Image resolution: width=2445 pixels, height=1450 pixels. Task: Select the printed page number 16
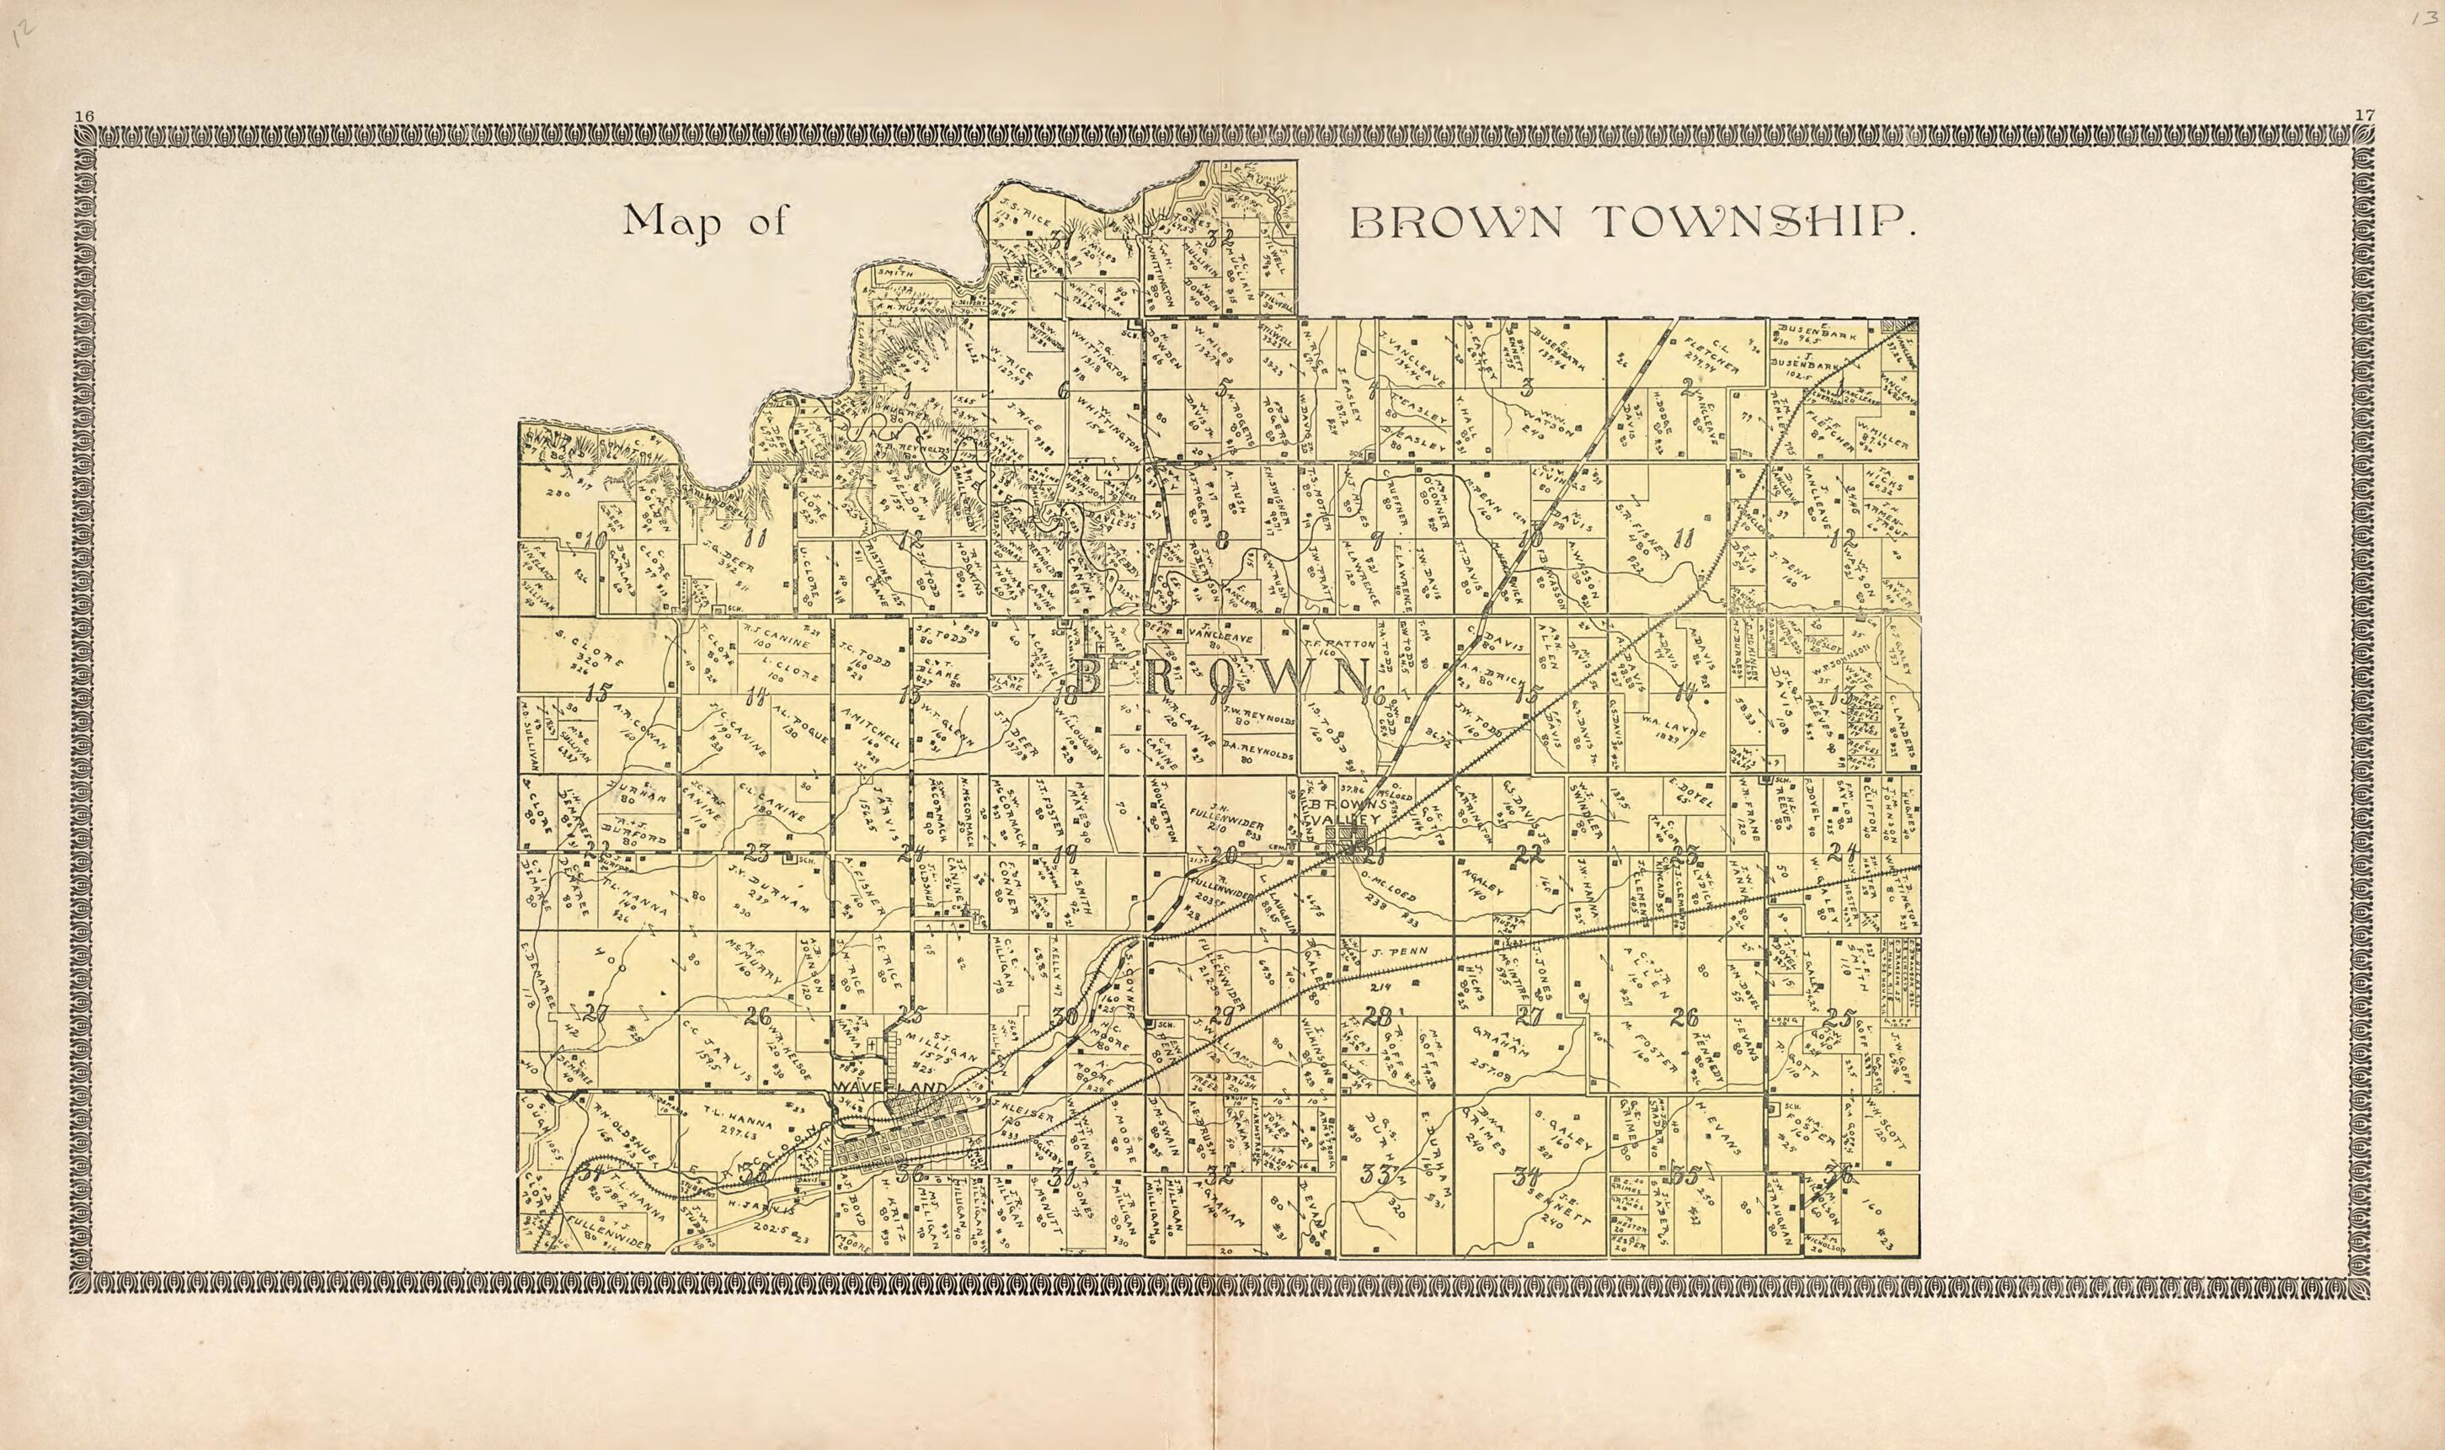point(84,116)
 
